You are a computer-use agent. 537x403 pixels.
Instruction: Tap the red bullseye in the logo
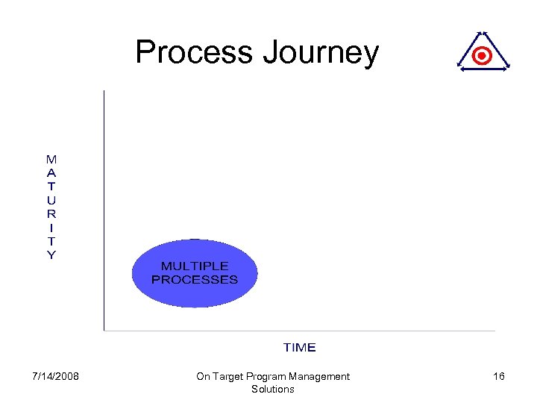tap(483, 56)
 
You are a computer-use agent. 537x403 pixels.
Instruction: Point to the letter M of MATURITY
tap(51, 159)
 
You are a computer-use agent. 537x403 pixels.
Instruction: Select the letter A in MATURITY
tap(51, 172)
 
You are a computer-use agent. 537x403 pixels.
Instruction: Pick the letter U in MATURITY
tap(51, 200)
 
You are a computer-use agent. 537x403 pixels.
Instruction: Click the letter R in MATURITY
tap(51, 213)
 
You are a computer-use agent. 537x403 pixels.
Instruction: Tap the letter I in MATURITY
tap(51, 227)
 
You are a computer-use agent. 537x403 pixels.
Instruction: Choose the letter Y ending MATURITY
tap(51, 254)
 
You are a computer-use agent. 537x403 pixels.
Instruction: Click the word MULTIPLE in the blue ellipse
tap(195, 266)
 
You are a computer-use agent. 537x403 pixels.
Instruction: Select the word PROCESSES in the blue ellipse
tap(195, 280)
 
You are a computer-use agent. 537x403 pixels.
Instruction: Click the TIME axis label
tap(299, 348)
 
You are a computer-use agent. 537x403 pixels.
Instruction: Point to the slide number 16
tap(499, 376)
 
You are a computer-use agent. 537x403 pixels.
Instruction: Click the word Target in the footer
tap(230, 376)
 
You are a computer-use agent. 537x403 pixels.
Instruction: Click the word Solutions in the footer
tap(273, 389)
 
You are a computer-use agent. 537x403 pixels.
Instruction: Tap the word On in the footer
tap(203, 376)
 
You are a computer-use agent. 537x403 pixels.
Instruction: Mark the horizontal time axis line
tap(298, 331)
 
